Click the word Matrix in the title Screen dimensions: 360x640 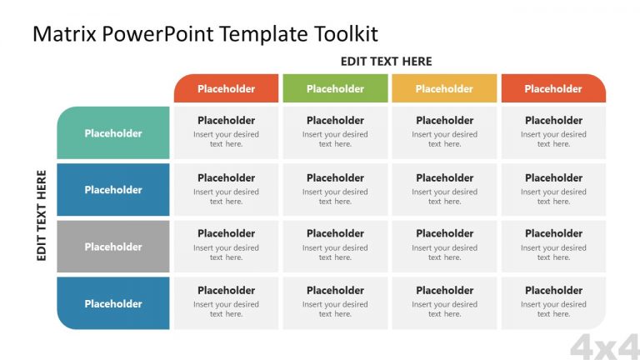coord(58,33)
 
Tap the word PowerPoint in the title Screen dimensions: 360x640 coord(144,33)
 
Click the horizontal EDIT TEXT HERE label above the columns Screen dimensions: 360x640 coord(386,62)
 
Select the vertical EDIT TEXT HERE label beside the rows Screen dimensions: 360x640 coord(42,216)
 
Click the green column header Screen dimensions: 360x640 coord(335,89)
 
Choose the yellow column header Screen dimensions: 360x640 coord(444,89)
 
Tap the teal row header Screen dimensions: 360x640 coord(113,133)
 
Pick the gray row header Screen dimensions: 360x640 coord(113,247)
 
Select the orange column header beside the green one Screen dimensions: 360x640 coord(226,89)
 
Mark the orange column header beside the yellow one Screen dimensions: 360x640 coord(553,89)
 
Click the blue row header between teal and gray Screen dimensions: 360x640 coord(113,190)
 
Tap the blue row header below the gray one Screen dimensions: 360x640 coord(113,303)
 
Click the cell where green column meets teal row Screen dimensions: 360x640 coord(335,132)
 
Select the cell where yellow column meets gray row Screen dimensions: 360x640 coord(444,246)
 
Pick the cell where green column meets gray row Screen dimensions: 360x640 coord(335,246)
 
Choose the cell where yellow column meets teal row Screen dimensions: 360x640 coord(444,132)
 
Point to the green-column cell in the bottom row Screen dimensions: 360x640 coord(335,302)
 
